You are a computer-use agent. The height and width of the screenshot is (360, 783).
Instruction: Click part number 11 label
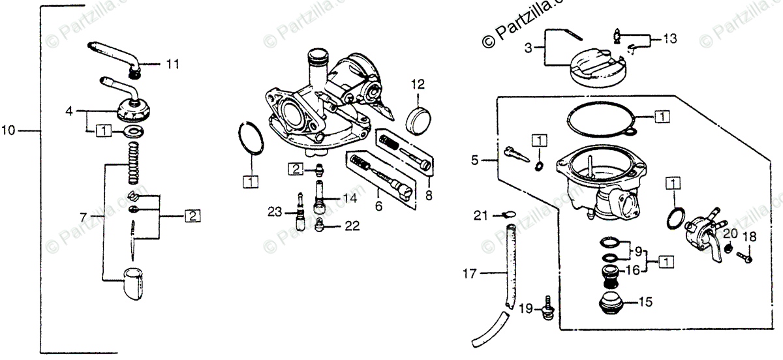point(172,64)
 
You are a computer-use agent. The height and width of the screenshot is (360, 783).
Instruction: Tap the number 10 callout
point(8,131)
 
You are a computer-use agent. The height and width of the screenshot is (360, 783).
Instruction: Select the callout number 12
point(418,83)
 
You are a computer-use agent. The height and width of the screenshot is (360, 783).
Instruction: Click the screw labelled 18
point(745,257)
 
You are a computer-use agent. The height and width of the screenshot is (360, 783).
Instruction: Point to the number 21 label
point(480,214)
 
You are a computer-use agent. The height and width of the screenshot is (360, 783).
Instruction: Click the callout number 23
point(275,211)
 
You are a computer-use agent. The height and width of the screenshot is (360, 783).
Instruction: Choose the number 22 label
point(352,226)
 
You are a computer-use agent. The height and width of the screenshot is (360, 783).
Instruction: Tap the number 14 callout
point(350,198)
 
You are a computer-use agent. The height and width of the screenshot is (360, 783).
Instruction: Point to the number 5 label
point(475,158)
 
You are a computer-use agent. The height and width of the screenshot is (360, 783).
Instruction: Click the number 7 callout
point(83,216)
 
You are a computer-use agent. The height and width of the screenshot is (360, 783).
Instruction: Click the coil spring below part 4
point(133,166)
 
